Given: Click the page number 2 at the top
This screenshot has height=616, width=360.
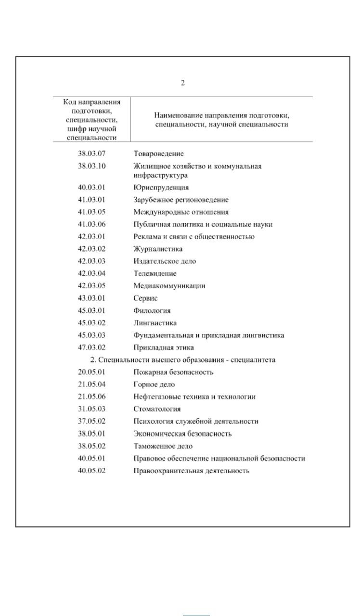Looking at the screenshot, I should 183,83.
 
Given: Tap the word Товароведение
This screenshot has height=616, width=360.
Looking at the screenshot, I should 158,154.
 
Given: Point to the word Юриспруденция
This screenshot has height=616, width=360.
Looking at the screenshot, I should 161,188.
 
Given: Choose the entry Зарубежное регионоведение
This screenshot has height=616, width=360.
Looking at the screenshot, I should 180,200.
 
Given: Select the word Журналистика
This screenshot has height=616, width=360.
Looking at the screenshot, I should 158,249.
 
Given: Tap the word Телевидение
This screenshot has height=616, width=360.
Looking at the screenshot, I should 155,273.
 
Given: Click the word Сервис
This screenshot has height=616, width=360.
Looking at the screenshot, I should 145,298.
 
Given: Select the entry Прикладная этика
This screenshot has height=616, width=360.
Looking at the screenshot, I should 164,347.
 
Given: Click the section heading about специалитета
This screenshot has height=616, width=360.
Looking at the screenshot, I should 183,360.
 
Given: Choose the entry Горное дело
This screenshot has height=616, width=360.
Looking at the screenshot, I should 154,385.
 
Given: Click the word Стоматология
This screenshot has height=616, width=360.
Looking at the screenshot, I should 157,409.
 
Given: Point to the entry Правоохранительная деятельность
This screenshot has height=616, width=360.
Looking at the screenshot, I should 191,471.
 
